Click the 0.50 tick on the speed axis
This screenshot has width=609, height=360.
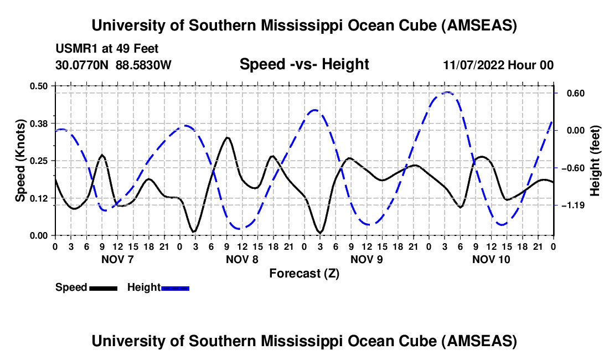(40, 85)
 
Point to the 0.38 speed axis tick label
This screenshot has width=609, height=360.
(40, 122)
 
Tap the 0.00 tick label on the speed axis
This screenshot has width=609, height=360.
(40, 235)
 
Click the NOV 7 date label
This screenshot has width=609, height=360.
(117, 259)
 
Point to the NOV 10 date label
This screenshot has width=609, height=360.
(491, 259)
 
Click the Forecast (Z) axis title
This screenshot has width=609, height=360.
(304, 273)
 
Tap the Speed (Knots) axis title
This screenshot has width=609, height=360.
(20, 160)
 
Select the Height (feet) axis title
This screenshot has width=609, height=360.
(595, 160)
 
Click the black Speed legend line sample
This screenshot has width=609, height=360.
(102, 287)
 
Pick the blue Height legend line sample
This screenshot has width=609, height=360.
(175, 287)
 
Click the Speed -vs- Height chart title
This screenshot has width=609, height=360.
(304, 64)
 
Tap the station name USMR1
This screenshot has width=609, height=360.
(75, 49)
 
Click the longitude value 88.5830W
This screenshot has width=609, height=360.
(144, 65)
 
